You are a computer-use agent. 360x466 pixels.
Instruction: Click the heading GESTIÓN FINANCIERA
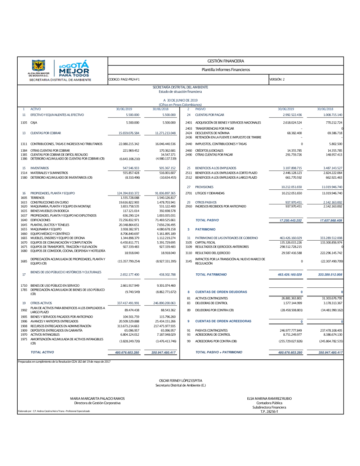[x=226, y=61]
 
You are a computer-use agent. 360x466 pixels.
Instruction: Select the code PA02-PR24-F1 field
[x=124, y=80]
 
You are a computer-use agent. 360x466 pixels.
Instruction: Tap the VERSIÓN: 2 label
[x=277, y=80]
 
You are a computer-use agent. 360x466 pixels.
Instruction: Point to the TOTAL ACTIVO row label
[x=42, y=352]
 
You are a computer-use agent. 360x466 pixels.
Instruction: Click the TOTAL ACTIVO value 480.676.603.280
[x=127, y=353]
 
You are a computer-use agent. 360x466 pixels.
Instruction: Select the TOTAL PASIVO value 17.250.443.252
[x=291, y=220]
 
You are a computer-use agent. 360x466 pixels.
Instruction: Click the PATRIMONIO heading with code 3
[x=205, y=229]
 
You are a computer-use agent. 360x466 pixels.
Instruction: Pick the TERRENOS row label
[x=37, y=198]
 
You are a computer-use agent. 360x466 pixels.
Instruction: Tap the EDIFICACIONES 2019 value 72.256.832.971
[x=129, y=220]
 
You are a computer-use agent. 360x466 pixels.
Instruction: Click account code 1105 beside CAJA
[x=24, y=123]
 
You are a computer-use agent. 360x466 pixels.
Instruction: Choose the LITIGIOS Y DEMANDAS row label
[x=210, y=193]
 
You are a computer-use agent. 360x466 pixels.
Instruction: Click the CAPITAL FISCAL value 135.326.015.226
[x=291, y=242]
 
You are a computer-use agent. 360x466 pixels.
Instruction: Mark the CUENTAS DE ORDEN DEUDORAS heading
[x=221, y=292]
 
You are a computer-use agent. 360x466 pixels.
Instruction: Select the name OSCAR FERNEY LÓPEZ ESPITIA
[x=180, y=381]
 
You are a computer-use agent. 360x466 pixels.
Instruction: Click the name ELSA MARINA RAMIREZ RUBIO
[x=269, y=399]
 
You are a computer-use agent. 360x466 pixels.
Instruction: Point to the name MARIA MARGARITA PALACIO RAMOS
[x=97, y=399]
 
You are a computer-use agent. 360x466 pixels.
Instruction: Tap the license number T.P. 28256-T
[x=269, y=412]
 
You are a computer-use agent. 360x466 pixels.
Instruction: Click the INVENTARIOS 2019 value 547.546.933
[x=131, y=168]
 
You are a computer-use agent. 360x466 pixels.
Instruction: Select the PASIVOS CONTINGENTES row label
[x=211, y=331]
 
